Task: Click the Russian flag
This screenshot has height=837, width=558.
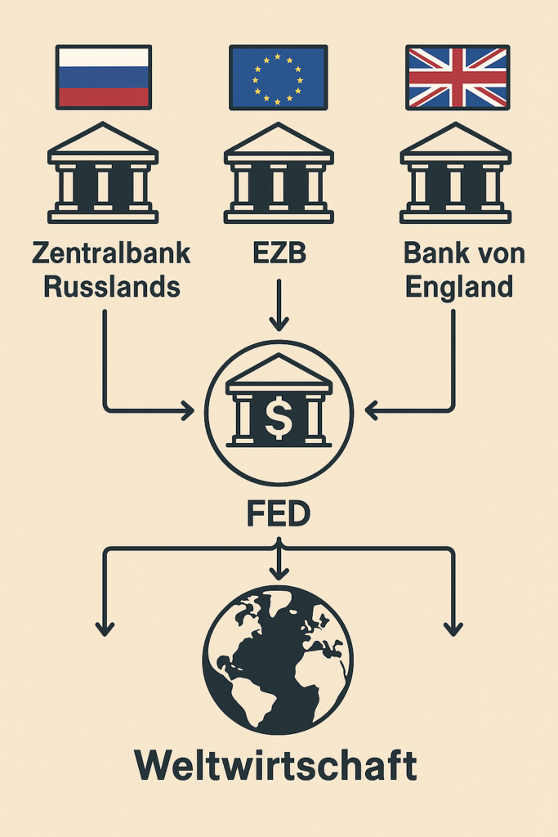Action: (x=102, y=77)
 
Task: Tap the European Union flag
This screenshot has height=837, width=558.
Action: (x=278, y=77)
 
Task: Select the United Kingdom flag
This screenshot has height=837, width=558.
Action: (x=457, y=77)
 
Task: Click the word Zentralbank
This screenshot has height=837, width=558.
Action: (x=111, y=253)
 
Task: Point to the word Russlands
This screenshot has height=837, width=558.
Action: (x=111, y=287)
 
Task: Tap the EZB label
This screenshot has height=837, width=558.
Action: (x=278, y=253)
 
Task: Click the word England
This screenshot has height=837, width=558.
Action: (x=458, y=287)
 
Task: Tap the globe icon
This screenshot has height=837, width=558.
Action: (x=278, y=659)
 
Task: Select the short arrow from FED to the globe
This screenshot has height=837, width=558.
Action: (x=279, y=564)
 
